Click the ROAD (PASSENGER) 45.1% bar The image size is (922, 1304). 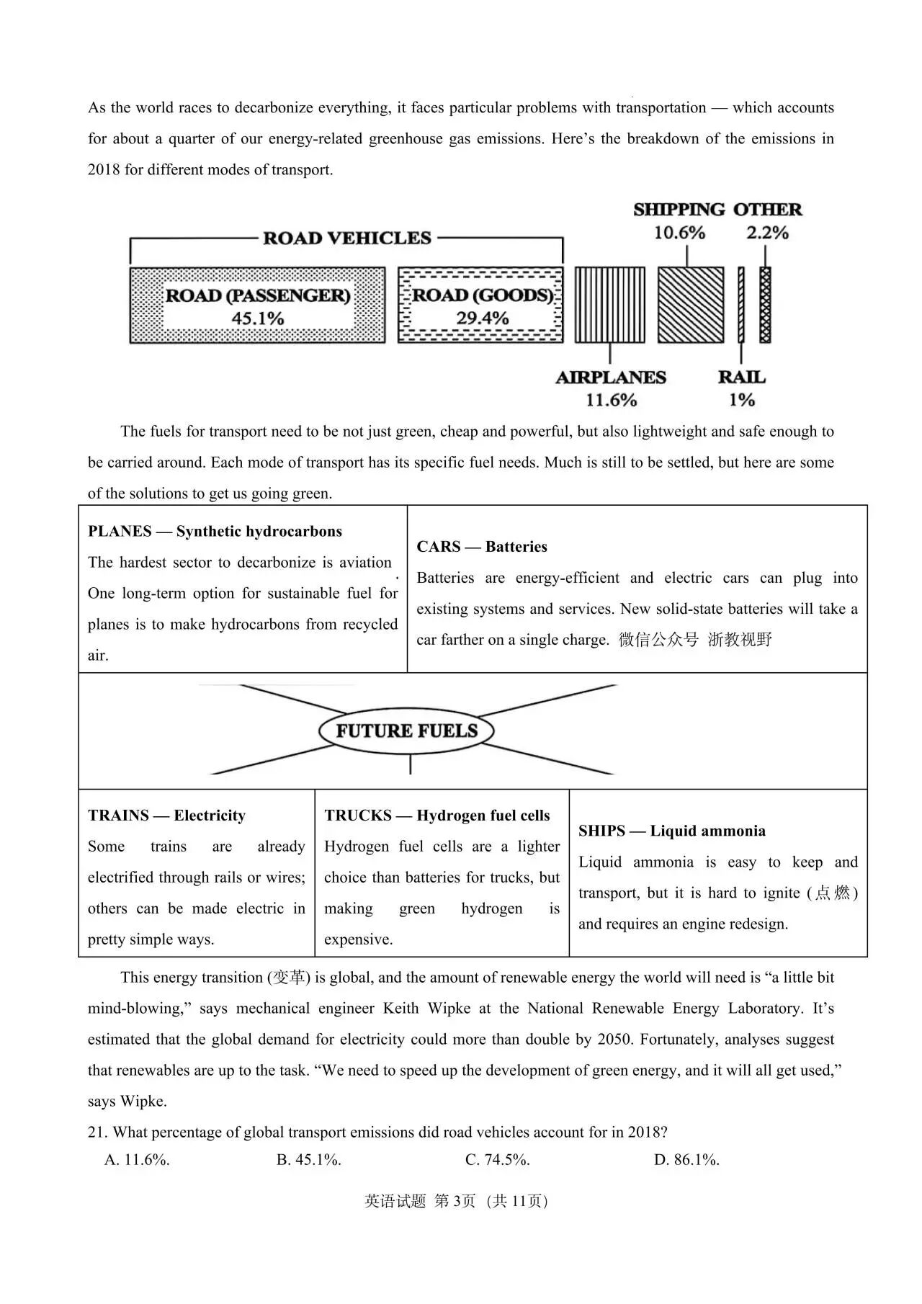[x=257, y=305]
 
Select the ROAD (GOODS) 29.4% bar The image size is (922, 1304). [x=480, y=305]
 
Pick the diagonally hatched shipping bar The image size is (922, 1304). [x=690, y=305]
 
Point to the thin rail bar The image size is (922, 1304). [x=740, y=305]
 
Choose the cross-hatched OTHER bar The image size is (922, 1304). [x=765, y=305]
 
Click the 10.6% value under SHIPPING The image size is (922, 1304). [x=679, y=233]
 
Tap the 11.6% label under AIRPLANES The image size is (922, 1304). [x=611, y=400]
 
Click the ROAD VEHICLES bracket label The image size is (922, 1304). [x=346, y=238]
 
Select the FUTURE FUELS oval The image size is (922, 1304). [x=406, y=731]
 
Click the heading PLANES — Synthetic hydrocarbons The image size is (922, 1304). [x=215, y=532]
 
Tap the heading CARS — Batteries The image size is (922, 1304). [x=482, y=547]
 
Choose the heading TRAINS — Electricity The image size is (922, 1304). [x=166, y=816]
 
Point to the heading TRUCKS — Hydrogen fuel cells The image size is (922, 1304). [x=437, y=816]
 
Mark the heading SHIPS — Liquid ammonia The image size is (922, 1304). [x=671, y=831]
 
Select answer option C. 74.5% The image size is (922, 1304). [x=498, y=1160]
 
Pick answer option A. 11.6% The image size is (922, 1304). [x=138, y=1160]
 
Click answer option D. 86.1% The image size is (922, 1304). [x=686, y=1160]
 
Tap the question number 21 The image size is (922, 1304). [x=97, y=1133]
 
